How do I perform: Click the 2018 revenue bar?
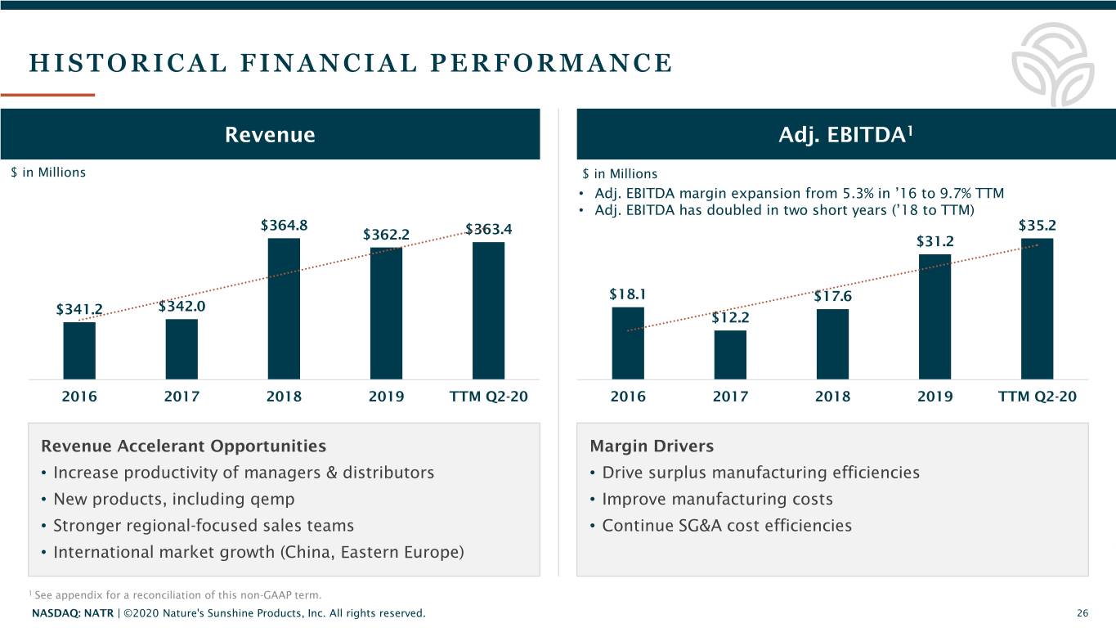284,308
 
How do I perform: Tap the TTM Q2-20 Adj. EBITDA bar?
1037,308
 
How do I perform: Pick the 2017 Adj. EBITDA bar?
730,354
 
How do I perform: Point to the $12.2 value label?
730,318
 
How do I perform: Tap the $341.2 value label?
79,309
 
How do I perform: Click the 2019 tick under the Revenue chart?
386,397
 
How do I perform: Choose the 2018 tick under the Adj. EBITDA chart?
832,397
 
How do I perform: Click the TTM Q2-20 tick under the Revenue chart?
488,397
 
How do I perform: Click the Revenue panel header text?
270,135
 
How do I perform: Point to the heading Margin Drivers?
651,446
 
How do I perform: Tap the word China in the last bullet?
308,552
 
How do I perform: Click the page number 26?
1082,613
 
